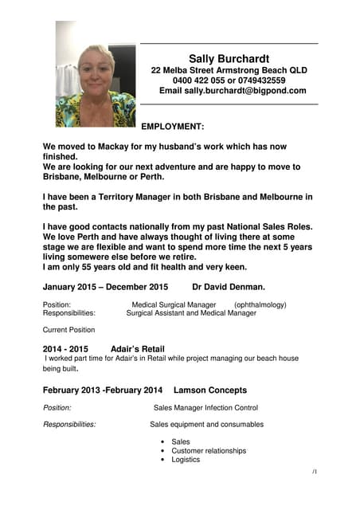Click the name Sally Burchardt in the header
[x=229, y=58]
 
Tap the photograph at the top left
[x=95, y=74]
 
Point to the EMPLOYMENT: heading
[x=173, y=126]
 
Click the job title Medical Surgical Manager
[x=174, y=304]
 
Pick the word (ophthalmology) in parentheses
[x=260, y=304]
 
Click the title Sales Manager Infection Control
[x=205, y=408]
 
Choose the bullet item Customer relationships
[x=209, y=450]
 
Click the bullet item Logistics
[x=186, y=460]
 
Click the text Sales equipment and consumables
[x=206, y=425]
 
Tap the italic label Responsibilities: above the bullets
[x=69, y=425]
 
